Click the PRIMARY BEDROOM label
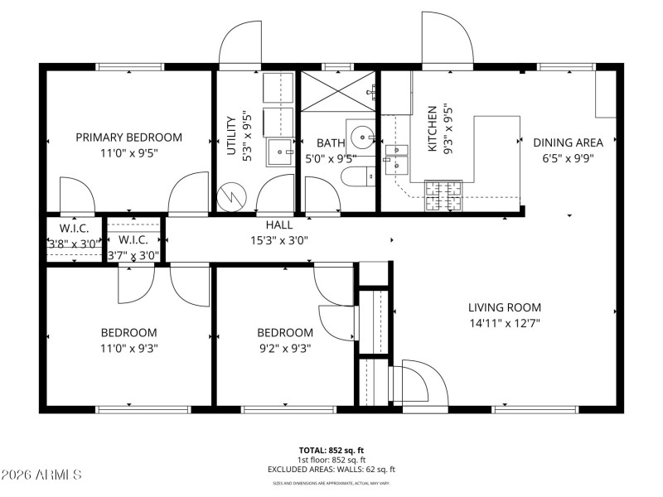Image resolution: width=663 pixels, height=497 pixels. click(129, 138)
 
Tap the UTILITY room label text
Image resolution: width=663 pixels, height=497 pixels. click(232, 133)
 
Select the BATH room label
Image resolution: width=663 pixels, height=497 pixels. click(319, 143)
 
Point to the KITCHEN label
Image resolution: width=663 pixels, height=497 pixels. click(432, 128)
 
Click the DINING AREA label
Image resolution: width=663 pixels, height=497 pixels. click(568, 142)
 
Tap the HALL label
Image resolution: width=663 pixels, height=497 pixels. click(278, 225)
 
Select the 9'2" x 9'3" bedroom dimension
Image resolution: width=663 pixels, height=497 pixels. click(285, 348)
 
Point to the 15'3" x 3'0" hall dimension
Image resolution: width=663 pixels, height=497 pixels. click(278, 241)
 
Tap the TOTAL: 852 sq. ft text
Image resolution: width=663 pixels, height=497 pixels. click(331, 450)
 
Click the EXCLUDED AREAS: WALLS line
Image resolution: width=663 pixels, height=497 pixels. click(331, 469)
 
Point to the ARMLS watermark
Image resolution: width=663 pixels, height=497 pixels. click(41, 475)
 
